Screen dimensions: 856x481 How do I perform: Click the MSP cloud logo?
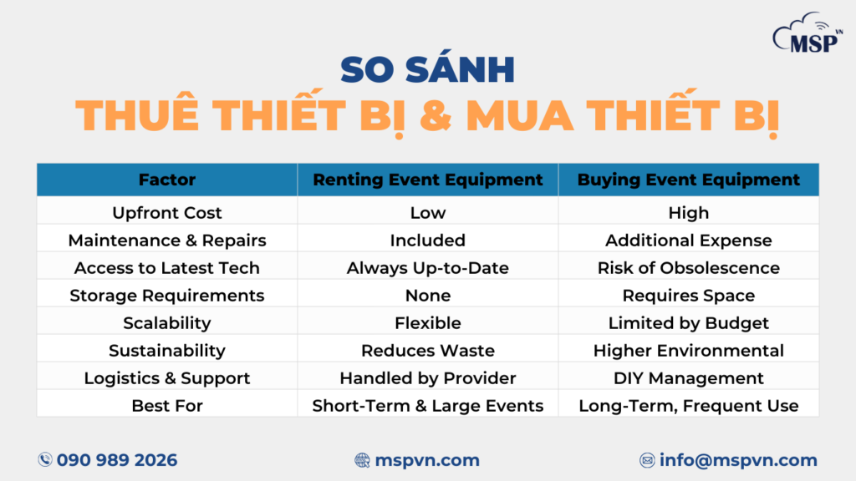pyautogui.click(x=808, y=33)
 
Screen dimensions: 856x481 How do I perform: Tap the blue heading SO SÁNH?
pyautogui.click(x=427, y=68)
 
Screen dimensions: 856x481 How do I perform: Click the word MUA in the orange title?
pyautogui.click(x=520, y=115)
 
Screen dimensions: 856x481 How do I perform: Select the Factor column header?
pyautogui.click(x=167, y=180)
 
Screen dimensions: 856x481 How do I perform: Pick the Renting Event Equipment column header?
pyautogui.click(x=427, y=180)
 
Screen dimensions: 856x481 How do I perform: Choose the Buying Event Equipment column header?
pyautogui.click(x=689, y=180)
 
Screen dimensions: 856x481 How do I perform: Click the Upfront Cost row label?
pyautogui.click(x=167, y=213)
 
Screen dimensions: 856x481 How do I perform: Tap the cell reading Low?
pyautogui.click(x=427, y=213)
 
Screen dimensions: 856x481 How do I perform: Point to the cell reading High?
pyautogui.click(x=689, y=213)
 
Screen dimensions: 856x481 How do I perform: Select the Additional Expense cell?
pyautogui.click(x=689, y=240)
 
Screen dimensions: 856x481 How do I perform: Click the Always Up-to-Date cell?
pyautogui.click(x=427, y=268)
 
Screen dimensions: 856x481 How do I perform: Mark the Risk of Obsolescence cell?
pyautogui.click(x=689, y=268)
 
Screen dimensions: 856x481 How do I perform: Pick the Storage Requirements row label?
pyautogui.click(x=167, y=296)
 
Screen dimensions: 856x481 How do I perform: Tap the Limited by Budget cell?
pyautogui.click(x=689, y=323)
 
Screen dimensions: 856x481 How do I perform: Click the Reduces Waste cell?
pyautogui.click(x=427, y=351)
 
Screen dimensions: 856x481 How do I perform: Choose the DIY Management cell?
pyautogui.click(x=689, y=378)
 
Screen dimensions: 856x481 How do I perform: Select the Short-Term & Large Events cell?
pyautogui.click(x=427, y=406)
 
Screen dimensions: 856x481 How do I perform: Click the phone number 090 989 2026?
pyautogui.click(x=117, y=460)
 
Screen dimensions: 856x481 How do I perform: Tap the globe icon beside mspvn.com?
pyautogui.click(x=362, y=460)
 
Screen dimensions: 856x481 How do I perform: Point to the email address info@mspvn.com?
pyautogui.click(x=738, y=460)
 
